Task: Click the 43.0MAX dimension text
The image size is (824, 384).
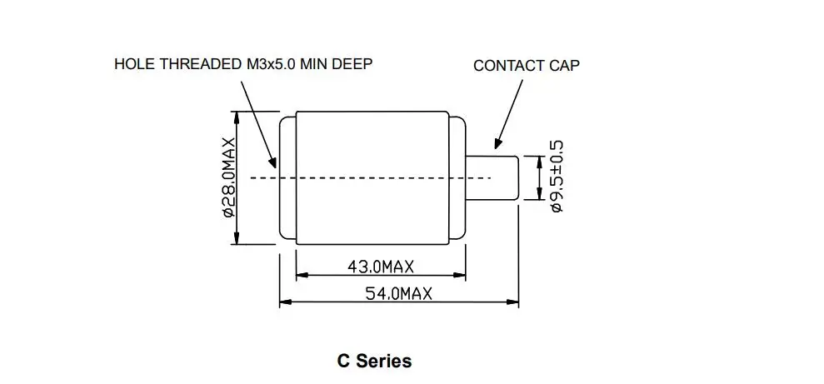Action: pos(380,267)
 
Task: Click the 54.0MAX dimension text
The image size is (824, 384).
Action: pos(398,293)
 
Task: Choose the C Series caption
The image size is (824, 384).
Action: pos(374,361)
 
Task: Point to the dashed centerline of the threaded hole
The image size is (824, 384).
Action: pos(367,177)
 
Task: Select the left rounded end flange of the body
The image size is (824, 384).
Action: pos(287,177)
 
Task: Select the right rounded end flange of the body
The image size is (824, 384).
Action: pos(458,177)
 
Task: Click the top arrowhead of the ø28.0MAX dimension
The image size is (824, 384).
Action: pos(237,117)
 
